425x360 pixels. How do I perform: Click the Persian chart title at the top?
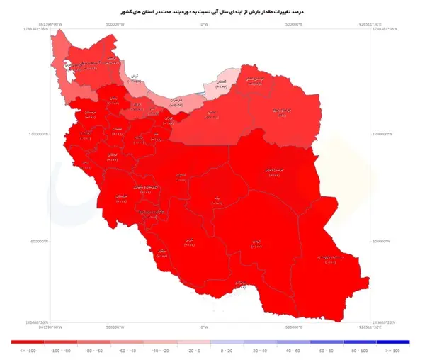pos(212,12)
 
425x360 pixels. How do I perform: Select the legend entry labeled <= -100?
pos(28,350)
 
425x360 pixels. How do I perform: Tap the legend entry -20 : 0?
pos(193,350)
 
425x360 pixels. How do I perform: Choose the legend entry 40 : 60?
pos(294,350)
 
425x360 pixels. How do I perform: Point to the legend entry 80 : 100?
pos(360,350)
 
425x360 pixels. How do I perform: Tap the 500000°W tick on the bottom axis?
pos(115,327)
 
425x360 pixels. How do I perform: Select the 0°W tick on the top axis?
pos(205,25)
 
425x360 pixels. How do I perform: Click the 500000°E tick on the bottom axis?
pos(294,327)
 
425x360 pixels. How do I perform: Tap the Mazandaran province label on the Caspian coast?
pos(177,102)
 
